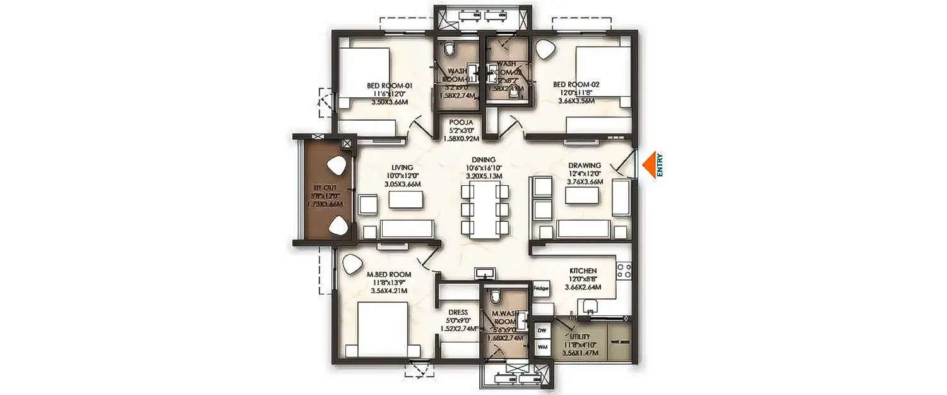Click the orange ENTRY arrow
(x=648, y=166)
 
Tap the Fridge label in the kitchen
(x=541, y=288)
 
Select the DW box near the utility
(x=542, y=330)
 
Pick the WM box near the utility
(x=542, y=346)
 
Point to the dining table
(x=485, y=209)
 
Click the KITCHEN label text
(x=581, y=270)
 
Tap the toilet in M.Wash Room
(x=496, y=295)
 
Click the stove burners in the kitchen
(x=624, y=270)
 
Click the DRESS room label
(x=458, y=312)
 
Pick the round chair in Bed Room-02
(x=545, y=50)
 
